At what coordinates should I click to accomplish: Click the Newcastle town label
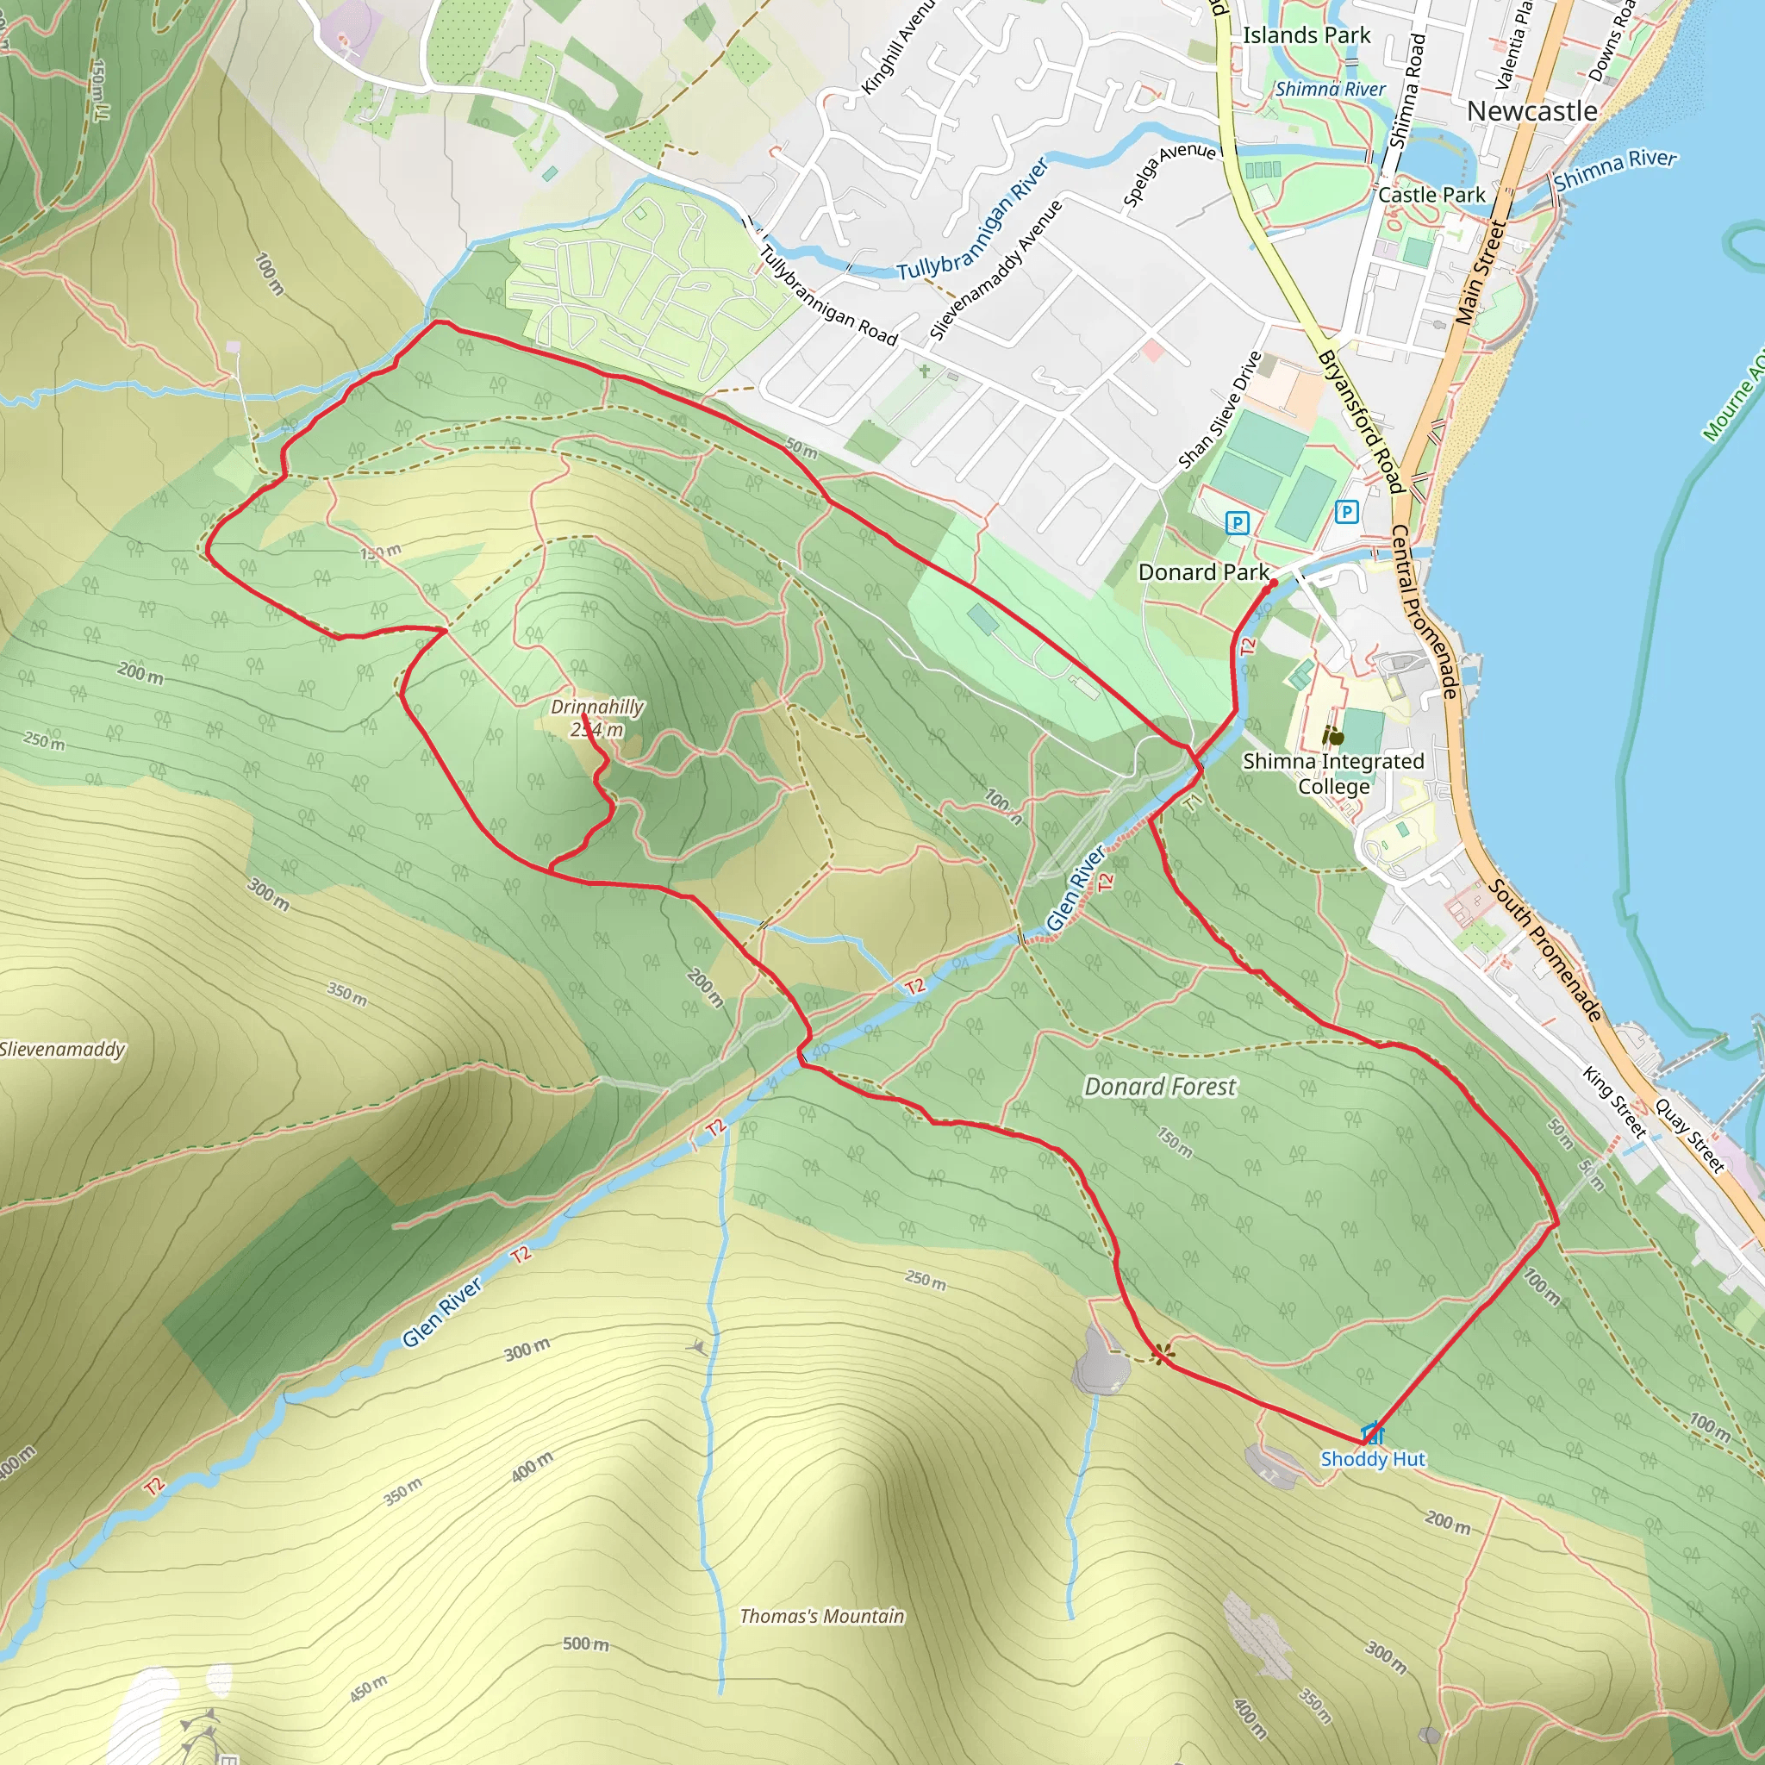(1532, 111)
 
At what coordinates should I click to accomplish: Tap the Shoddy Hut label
(1372, 1459)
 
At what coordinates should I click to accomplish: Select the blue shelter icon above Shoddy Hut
(1372, 1431)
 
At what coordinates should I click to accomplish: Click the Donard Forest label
(1159, 1086)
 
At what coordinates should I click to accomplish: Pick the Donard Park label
(1203, 572)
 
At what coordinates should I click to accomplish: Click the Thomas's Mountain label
(821, 1616)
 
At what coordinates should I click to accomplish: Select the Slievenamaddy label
(62, 1049)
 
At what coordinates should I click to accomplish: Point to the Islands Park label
(1307, 35)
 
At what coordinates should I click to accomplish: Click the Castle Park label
(1431, 195)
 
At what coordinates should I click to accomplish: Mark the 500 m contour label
(585, 1644)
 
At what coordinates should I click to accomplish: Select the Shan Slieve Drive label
(1219, 410)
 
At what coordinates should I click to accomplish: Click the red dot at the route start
(1274, 583)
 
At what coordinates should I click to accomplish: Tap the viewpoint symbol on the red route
(1160, 1353)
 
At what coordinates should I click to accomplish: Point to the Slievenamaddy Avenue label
(995, 271)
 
